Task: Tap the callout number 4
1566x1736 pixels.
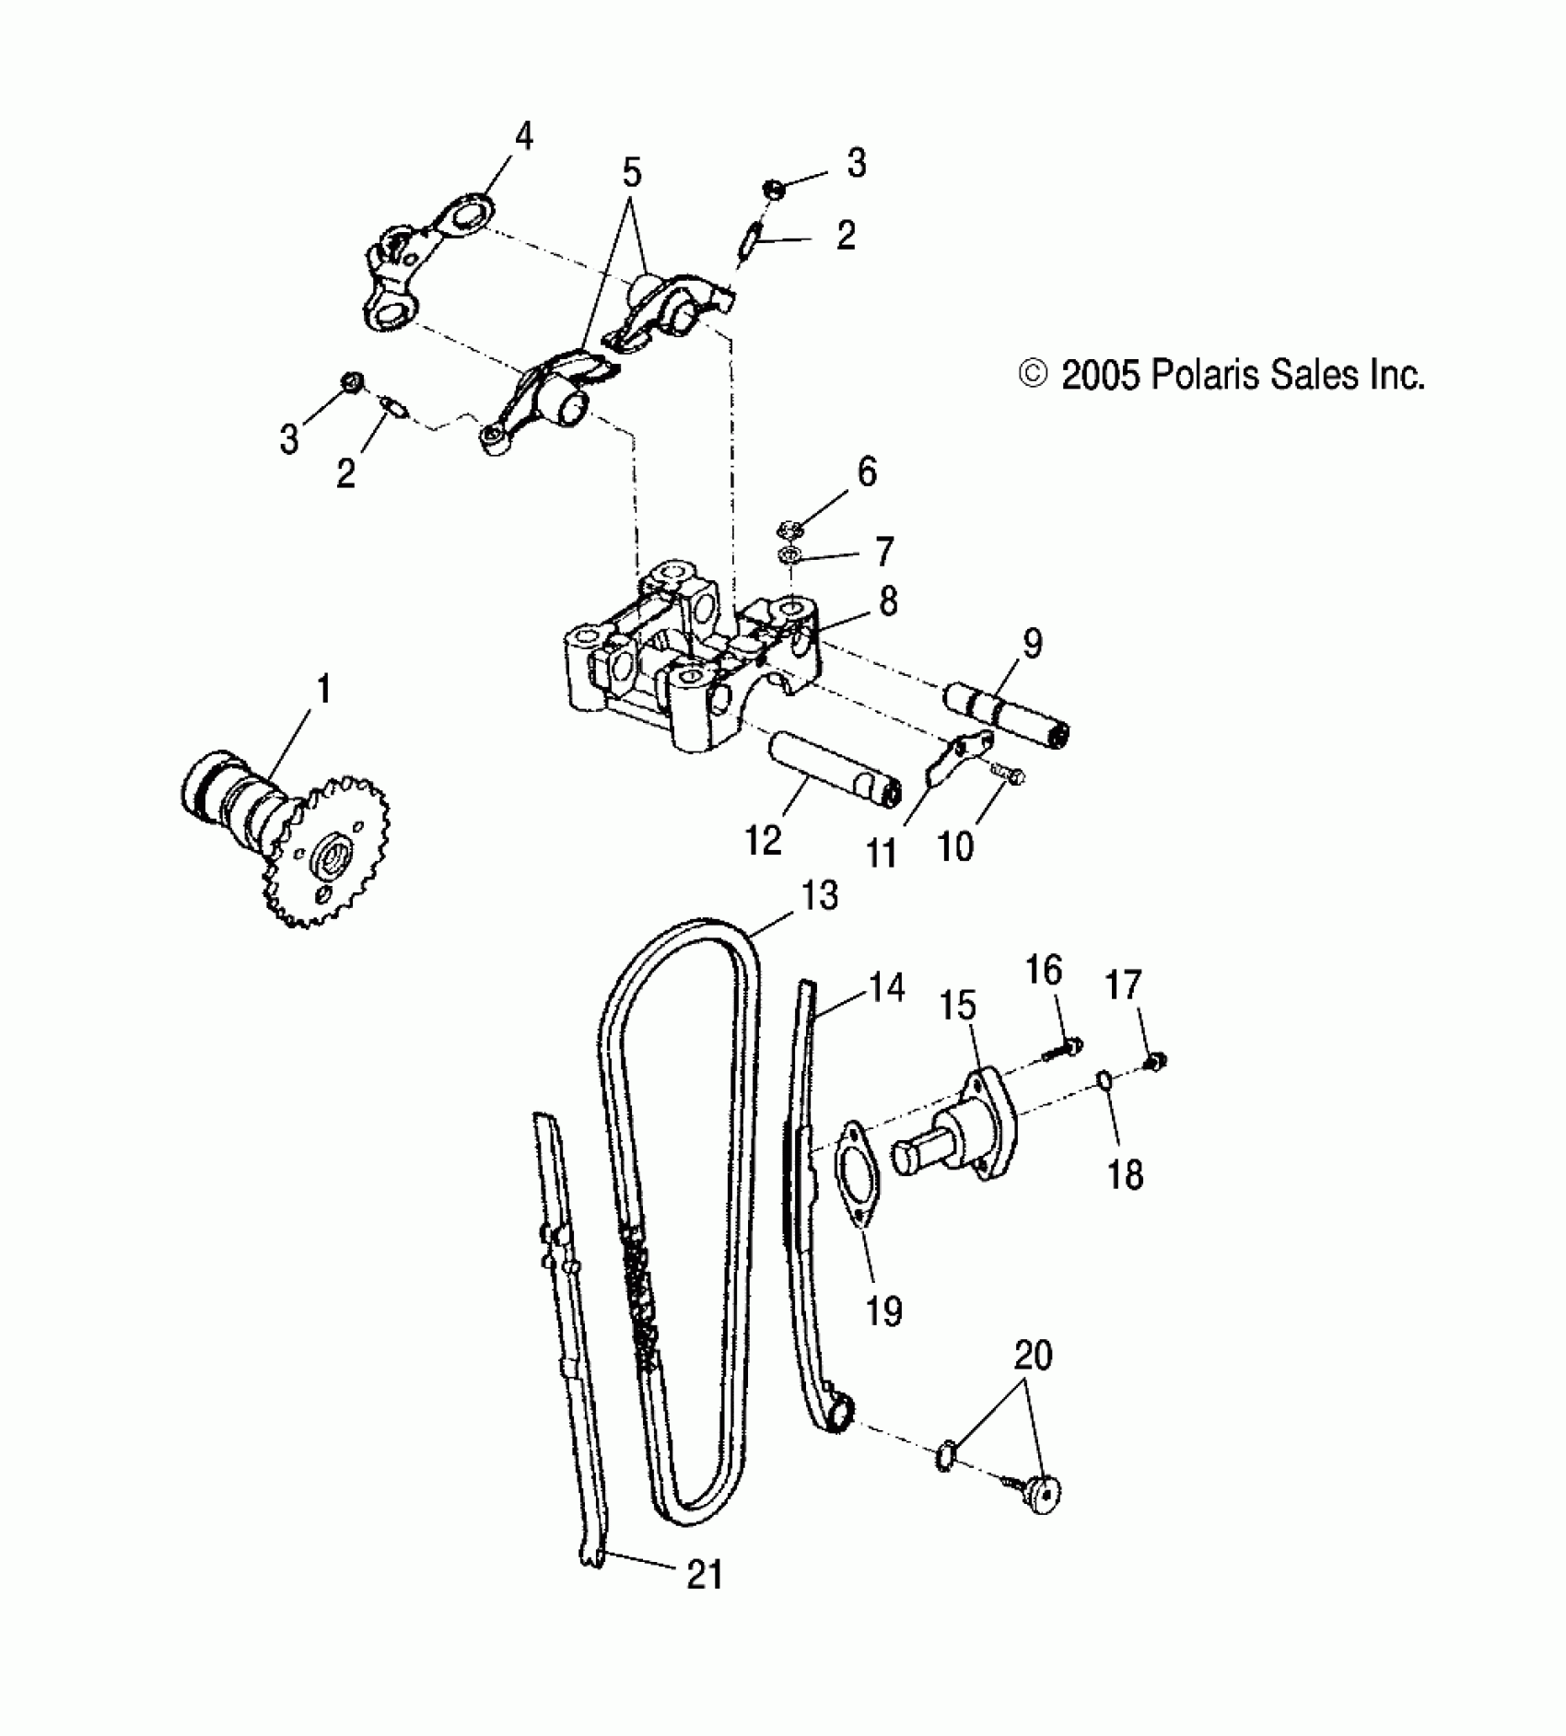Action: (523, 138)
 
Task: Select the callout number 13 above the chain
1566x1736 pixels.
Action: (819, 895)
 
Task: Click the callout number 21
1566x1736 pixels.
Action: (704, 1574)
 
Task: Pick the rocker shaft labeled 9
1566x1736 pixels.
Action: (1009, 717)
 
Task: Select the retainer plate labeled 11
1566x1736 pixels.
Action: (958, 755)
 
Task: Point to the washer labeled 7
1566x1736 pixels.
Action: (789, 556)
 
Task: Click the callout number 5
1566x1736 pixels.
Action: (631, 172)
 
